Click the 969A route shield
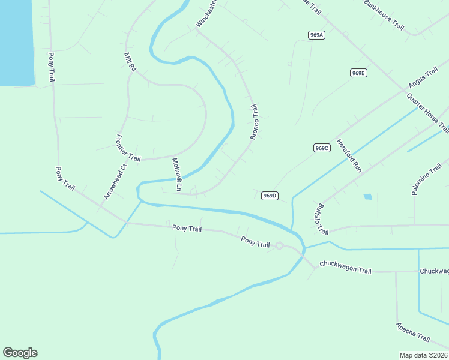tap(317, 35)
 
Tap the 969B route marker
tap(358, 73)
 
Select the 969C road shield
tap(322, 148)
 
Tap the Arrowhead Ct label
tap(115, 182)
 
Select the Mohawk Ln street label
tap(176, 175)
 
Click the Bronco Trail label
tap(254, 122)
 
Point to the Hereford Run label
tap(349, 156)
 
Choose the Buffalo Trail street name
tap(322, 219)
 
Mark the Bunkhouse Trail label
tap(384, 16)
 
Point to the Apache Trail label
tap(413, 332)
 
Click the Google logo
tap(20, 353)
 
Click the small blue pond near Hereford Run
tap(367, 196)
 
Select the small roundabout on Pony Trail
tap(279, 245)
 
